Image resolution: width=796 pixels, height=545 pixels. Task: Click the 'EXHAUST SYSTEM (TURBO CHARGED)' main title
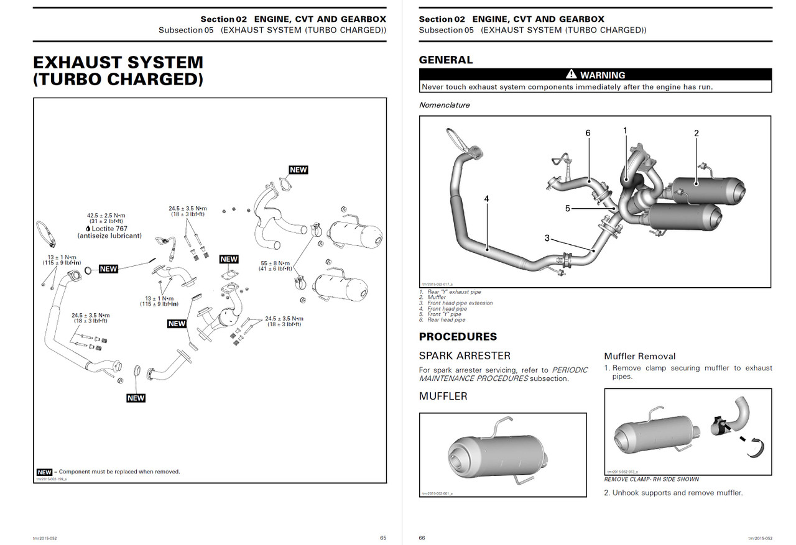118,71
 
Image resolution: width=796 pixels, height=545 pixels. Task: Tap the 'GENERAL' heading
445,60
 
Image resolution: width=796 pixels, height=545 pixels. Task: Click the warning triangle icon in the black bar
572,75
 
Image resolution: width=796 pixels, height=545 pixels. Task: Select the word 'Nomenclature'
444,105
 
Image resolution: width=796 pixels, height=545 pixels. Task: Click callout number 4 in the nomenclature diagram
486,198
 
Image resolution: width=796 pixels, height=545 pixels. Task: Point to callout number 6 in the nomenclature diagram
588,133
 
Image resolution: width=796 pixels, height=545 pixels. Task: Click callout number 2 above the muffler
696,133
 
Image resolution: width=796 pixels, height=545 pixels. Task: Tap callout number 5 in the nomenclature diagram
567,209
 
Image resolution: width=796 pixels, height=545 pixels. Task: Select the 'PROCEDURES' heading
458,337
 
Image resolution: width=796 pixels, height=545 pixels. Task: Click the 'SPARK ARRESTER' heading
465,356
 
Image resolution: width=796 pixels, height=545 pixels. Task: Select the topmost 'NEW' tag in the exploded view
298,170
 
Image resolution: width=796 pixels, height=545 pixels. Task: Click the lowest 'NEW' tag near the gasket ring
136,398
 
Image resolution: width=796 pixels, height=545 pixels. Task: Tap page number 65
383,538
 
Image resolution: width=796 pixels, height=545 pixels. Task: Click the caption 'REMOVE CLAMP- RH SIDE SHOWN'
651,479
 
